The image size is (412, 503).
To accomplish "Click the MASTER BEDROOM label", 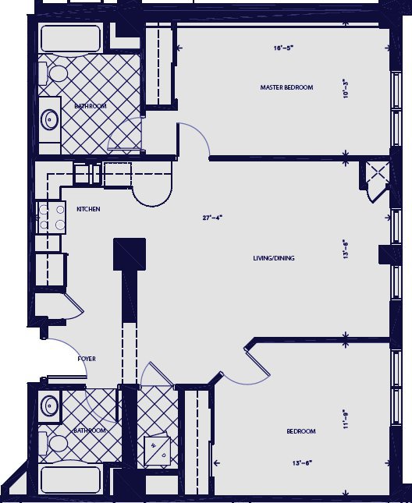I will pyautogui.click(x=286, y=87).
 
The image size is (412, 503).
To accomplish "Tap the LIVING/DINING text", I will pyautogui.click(x=273, y=258).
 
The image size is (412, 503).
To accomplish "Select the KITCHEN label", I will pyautogui.click(x=87, y=209).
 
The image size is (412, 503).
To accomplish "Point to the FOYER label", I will pyautogui.click(x=87, y=359).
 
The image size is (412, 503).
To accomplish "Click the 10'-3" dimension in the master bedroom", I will pyautogui.click(x=345, y=87).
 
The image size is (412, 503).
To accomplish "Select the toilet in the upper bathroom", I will pyautogui.click(x=57, y=76).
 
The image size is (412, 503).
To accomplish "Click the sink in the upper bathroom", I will pyautogui.click(x=50, y=119).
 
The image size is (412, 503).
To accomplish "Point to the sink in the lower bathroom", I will pyautogui.click(x=51, y=406).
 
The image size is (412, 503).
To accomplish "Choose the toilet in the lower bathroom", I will pyautogui.click(x=57, y=444).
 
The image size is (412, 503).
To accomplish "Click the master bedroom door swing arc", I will pyautogui.click(x=195, y=140).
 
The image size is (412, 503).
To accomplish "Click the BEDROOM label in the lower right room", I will pyautogui.click(x=300, y=431).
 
